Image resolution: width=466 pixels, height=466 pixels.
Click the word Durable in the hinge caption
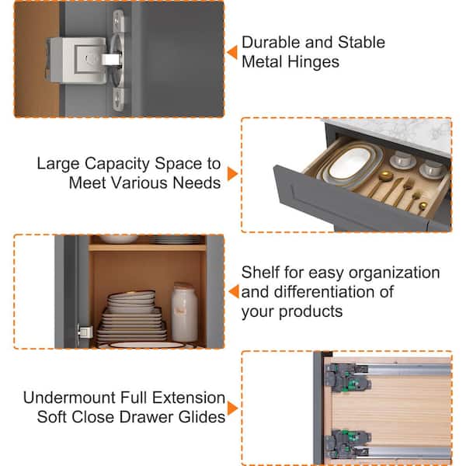tap(271, 42)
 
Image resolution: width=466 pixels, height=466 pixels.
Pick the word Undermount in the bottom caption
tap(70, 398)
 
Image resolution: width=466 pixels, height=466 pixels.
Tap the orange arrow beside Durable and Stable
tap(232, 52)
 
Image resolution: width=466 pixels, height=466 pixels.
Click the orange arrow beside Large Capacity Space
tap(232, 173)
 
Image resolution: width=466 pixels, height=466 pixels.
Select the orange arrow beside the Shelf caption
tap(235, 291)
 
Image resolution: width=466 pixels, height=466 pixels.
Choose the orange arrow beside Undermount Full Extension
tap(232, 408)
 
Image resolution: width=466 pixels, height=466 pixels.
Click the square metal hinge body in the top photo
tap(77, 61)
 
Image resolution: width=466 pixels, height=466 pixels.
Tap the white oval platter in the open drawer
tap(351, 164)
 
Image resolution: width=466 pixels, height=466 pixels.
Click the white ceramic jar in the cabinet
tap(184, 312)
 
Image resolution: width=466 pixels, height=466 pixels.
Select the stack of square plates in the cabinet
tap(132, 317)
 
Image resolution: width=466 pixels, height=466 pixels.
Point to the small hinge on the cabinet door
tap(85, 332)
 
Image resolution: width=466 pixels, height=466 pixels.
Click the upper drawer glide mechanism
tap(348, 377)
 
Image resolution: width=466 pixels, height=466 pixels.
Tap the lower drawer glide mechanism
tap(348, 443)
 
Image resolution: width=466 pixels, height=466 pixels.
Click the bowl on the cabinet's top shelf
tap(119, 239)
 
